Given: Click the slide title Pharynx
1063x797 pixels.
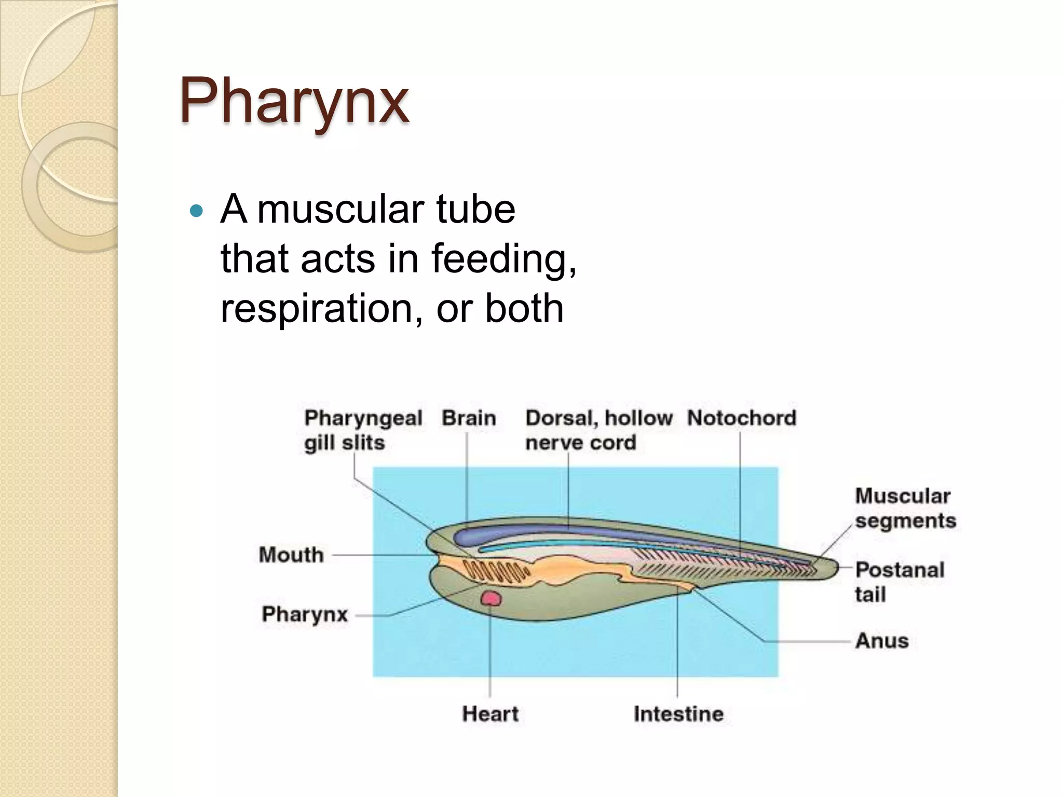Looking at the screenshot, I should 294,101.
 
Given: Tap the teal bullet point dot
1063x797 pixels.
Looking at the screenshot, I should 196,211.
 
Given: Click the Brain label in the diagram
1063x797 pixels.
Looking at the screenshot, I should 469,418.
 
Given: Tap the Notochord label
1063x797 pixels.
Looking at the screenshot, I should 741,418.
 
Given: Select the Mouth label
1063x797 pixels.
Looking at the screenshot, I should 291,555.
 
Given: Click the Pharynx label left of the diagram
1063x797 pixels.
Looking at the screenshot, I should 305,614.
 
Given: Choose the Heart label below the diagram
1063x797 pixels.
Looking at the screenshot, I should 490,714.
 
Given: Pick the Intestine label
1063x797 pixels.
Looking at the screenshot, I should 678,714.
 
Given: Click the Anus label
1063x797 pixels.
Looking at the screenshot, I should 882,641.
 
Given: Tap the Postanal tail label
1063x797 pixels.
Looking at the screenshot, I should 900,582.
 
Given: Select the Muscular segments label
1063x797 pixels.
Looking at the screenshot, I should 905,508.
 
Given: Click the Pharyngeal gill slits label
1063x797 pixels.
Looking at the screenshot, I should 363,430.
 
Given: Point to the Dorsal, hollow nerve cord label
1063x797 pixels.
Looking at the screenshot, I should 598,430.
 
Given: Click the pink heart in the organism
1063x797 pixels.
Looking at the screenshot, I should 490,599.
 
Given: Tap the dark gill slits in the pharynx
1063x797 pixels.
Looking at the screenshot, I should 496,571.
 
